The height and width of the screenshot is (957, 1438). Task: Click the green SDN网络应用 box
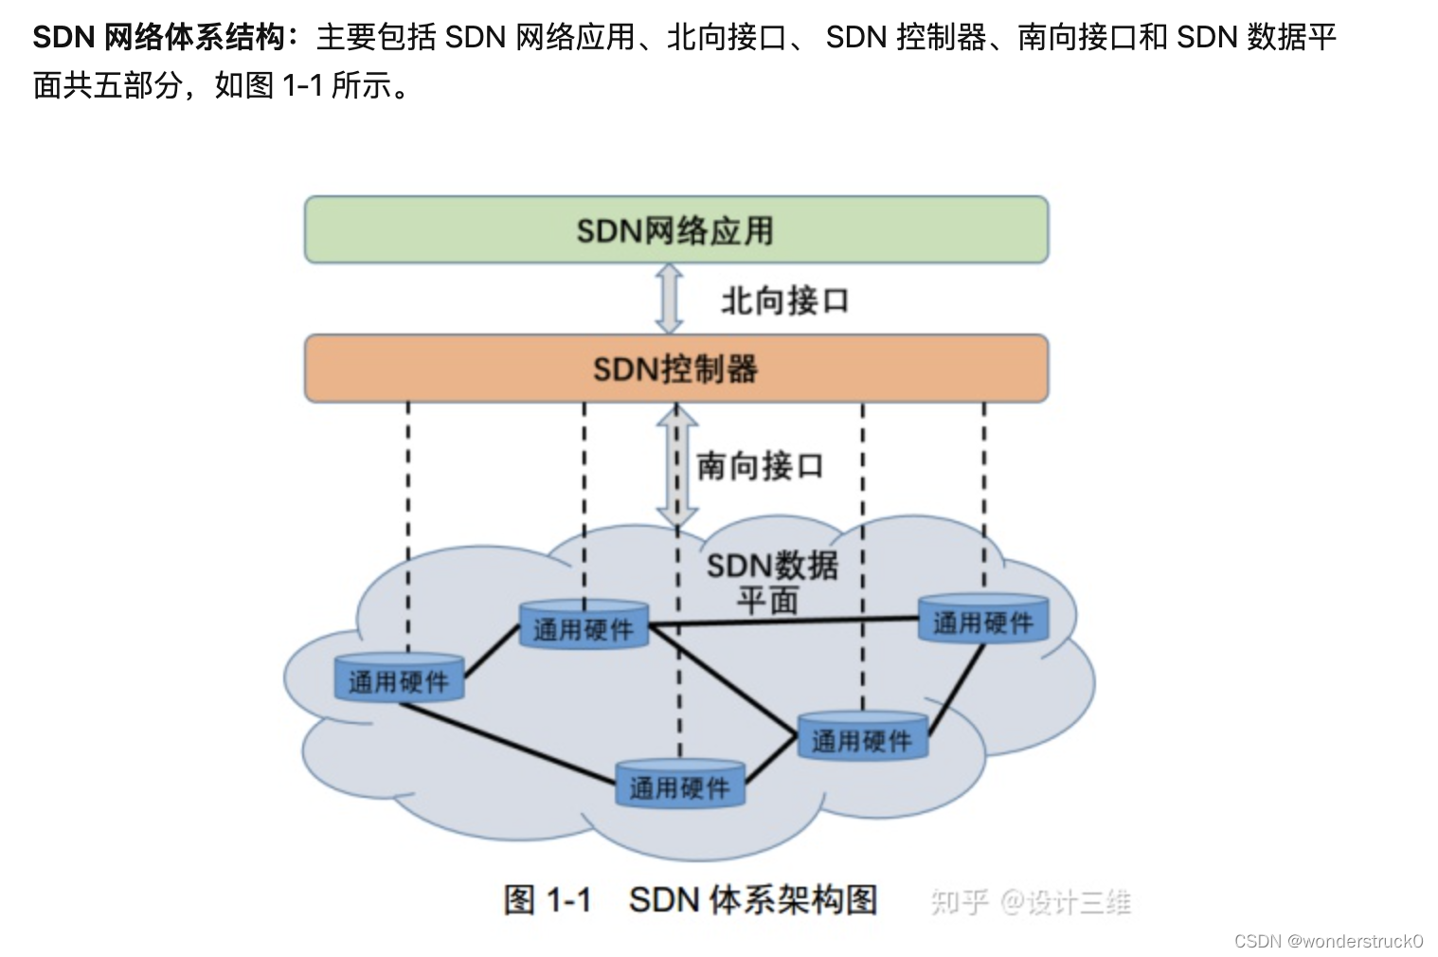[675, 230]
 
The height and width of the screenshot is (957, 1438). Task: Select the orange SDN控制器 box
[675, 369]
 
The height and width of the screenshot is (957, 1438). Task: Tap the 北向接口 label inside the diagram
[784, 301]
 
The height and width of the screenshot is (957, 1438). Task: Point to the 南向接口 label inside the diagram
[760, 466]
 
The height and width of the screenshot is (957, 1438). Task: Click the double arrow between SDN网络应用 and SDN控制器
[670, 299]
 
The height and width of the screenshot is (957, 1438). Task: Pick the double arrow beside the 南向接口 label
[676, 466]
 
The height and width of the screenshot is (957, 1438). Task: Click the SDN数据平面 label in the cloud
[771, 582]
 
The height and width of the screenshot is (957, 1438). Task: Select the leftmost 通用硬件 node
[399, 678]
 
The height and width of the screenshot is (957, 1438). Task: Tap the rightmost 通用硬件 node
[983, 620]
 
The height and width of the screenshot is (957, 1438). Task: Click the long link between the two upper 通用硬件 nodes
[784, 622]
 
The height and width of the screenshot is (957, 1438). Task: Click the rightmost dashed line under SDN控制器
[983, 493]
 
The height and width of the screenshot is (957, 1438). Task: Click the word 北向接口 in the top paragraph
[726, 37]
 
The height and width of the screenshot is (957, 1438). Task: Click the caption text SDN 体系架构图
[753, 899]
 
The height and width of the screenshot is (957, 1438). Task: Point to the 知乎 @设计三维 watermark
[1030, 902]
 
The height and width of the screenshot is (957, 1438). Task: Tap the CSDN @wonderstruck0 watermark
[1328, 941]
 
